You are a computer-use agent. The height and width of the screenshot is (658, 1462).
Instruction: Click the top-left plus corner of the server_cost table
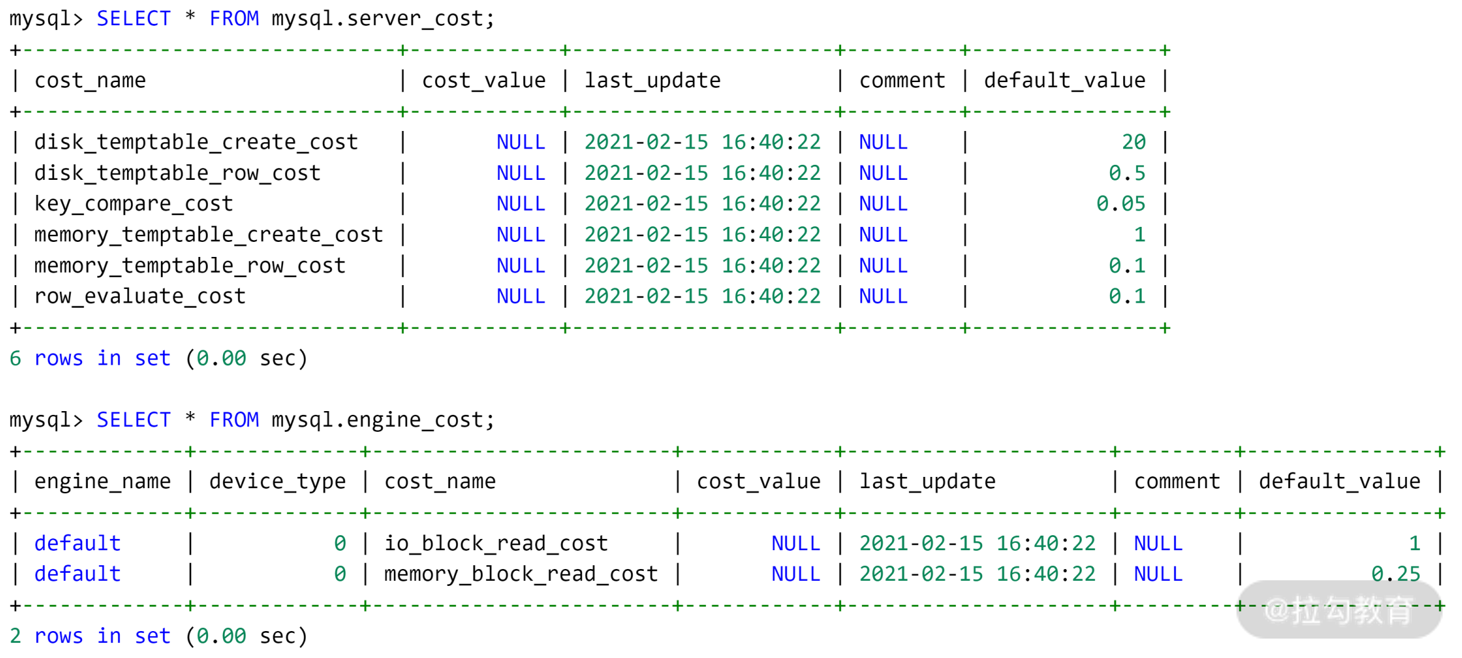[16, 50]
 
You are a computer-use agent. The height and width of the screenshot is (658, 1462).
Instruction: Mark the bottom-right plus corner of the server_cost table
[1164, 328]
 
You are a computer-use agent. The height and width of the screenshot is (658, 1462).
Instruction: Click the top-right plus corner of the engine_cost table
[1440, 451]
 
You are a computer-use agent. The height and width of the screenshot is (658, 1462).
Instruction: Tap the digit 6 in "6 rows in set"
[16, 358]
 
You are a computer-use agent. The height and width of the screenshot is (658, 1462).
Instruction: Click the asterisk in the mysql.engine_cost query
[190, 417]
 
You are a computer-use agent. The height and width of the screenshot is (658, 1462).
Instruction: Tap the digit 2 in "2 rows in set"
[16, 636]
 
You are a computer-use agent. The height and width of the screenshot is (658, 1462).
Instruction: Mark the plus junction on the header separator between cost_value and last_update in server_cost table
[565, 112]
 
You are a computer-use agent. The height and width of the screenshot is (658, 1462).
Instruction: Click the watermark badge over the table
[1339, 610]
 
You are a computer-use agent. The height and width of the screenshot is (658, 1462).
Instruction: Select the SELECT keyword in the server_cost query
[133, 19]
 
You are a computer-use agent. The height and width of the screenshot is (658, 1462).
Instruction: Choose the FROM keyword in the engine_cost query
[234, 420]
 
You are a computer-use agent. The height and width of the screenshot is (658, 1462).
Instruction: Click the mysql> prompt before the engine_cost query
[46, 420]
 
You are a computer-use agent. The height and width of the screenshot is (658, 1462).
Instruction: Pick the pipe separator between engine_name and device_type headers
[190, 481]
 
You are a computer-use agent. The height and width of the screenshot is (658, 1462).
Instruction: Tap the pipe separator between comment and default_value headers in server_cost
[965, 80]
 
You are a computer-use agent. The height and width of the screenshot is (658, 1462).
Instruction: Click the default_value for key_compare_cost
[1121, 204]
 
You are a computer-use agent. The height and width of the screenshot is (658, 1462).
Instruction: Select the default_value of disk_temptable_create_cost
[1133, 142]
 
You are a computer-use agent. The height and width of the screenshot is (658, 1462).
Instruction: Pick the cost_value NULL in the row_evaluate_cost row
[521, 296]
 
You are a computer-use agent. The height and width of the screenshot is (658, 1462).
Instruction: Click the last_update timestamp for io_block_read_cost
[977, 543]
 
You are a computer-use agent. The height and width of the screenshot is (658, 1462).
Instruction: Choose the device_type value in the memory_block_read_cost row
[340, 574]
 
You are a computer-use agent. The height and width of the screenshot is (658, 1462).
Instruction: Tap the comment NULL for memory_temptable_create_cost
[883, 235]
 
